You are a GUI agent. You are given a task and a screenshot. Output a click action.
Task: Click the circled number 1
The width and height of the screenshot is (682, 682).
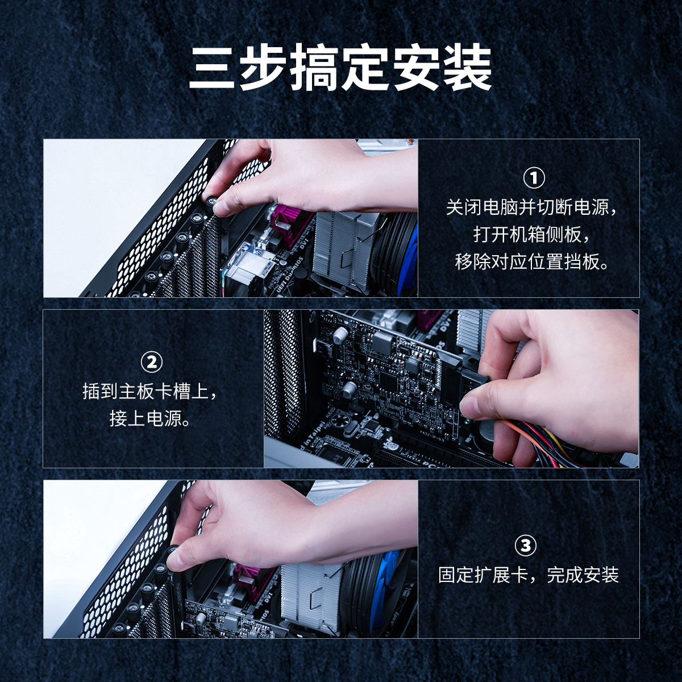534,178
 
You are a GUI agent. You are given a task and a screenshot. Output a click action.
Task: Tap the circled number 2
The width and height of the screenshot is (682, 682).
152,361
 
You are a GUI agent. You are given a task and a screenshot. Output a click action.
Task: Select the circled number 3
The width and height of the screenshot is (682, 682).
525,546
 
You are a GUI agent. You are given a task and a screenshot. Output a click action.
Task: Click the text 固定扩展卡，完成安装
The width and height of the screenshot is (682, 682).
529,575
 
